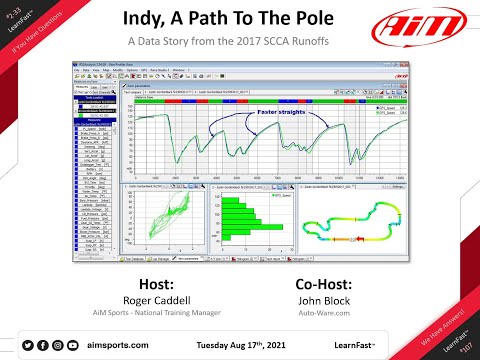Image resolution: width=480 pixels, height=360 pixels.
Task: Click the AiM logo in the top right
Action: click(x=423, y=25)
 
